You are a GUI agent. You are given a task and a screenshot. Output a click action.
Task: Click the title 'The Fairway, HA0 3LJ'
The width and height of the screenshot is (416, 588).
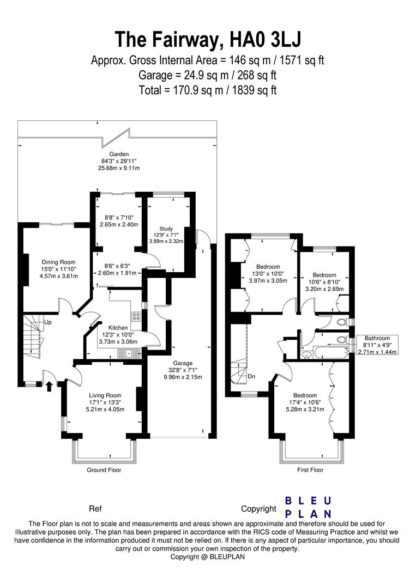tap(208, 39)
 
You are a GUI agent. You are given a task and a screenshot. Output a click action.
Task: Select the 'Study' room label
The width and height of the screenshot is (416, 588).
tap(166, 228)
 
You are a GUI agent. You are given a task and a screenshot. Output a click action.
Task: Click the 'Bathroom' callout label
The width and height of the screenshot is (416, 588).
tap(378, 338)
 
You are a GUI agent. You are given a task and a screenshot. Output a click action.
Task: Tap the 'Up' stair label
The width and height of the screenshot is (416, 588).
tap(48, 323)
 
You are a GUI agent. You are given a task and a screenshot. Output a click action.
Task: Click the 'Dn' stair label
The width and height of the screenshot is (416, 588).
tap(251, 376)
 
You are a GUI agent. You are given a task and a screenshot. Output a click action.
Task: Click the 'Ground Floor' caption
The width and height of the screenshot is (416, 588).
tap(104, 470)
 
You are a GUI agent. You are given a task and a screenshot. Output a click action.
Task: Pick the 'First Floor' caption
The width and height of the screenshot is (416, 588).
tap(310, 470)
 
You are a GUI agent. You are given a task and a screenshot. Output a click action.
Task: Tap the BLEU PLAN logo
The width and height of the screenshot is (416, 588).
tap(309, 507)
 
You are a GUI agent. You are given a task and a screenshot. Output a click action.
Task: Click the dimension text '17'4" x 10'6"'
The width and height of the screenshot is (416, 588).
tap(304, 403)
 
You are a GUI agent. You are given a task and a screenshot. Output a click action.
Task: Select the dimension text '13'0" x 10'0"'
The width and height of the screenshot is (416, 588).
tap(268, 274)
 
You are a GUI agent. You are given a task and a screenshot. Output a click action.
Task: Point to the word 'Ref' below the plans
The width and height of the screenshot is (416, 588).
tap(95, 509)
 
